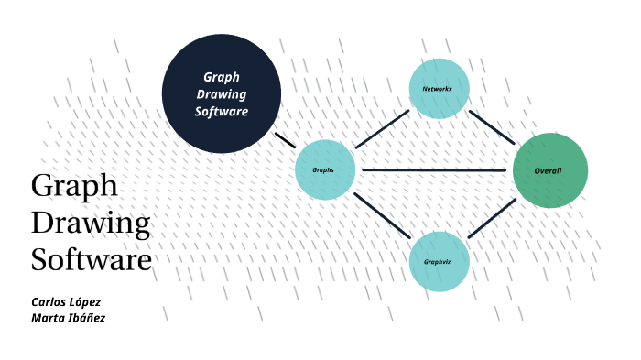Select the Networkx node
(440, 88)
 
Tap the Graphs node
(324, 169)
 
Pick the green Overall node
(549, 170)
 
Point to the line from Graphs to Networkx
(382, 129)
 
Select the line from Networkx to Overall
(492, 126)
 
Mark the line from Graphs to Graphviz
(382, 216)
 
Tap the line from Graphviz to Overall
(492, 218)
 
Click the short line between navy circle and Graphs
(284, 140)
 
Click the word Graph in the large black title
(74, 186)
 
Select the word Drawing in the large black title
(91, 223)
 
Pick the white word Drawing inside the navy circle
(221, 94)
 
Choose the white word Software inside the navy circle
(221, 112)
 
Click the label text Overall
(548, 170)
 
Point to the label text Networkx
(437, 89)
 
